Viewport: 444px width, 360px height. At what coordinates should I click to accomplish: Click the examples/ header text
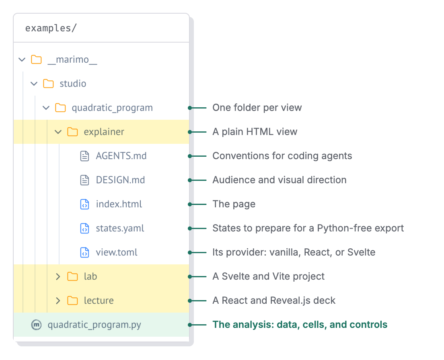(x=51, y=28)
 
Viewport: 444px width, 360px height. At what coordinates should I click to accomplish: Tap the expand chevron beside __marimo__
(x=22, y=60)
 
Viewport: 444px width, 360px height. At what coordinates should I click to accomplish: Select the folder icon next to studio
(x=48, y=84)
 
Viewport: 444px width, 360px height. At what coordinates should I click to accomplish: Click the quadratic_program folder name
(x=112, y=108)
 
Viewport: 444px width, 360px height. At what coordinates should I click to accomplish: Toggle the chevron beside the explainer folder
(x=58, y=132)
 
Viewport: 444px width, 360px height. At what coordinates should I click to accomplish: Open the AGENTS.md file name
(x=121, y=156)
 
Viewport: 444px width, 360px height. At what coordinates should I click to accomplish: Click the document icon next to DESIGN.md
(x=85, y=180)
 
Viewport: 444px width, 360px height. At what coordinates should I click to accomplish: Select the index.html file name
(x=119, y=204)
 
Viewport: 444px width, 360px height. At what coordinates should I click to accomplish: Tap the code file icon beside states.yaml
(x=85, y=228)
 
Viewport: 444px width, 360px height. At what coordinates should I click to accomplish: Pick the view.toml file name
(x=117, y=252)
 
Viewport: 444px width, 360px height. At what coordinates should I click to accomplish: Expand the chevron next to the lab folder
(x=58, y=276)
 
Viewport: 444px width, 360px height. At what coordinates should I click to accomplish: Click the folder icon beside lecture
(x=72, y=301)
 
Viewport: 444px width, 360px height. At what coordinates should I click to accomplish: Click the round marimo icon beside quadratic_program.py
(x=36, y=325)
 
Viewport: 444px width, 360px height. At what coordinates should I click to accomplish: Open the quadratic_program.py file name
(x=94, y=325)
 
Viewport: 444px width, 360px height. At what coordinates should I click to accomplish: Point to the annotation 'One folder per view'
(x=257, y=108)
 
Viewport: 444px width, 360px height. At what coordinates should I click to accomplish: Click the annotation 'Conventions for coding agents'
(x=282, y=156)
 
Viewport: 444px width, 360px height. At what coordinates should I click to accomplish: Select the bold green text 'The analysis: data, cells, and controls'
(x=300, y=325)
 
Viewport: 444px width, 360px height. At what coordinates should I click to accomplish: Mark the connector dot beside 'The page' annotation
(x=190, y=204)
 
